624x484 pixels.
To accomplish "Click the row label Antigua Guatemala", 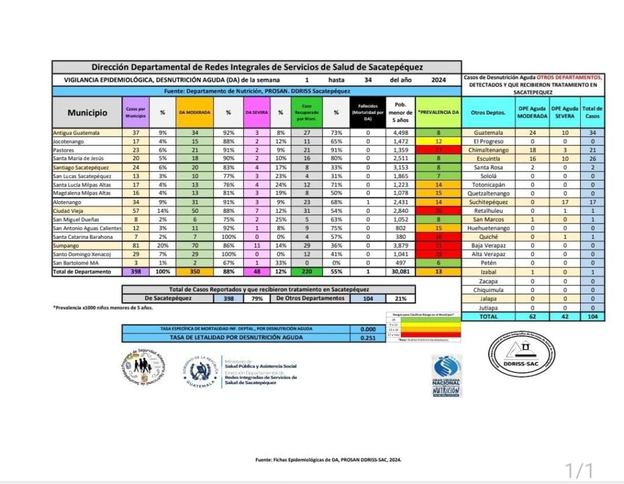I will (x=76, y=132).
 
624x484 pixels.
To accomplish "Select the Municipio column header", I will (x=87, y=112).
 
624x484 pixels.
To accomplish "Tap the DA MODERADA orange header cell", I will (x=195, y=112).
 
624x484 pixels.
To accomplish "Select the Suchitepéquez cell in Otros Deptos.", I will (x=489, y=202).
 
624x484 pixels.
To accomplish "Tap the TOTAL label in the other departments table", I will (x=489, y=317).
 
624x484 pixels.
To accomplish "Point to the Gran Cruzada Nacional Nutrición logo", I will (x=447, y=375).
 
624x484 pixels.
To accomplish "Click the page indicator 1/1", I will (x=579, y=470).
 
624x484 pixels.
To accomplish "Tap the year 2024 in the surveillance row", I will (x=438, y=80).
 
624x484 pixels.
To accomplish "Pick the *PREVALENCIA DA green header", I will (x=438, y=112).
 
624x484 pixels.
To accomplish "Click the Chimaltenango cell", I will (x=489, y=150).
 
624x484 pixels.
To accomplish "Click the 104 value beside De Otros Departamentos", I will (x=367, y=299).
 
